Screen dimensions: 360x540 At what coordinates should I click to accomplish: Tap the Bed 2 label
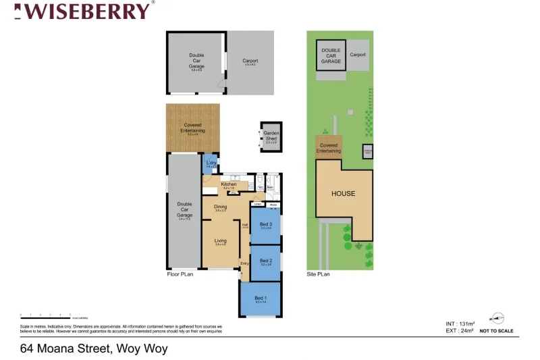(x=265, y=261)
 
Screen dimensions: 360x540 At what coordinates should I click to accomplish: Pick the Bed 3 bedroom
(x=265, y=226)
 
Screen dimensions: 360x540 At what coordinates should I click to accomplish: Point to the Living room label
(x=220, y=240)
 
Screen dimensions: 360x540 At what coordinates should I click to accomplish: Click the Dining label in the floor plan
(x=220, y=207)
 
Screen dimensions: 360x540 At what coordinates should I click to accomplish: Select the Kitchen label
(x=228, y=184)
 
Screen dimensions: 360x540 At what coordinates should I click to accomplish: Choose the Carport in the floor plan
(x=250, y=61)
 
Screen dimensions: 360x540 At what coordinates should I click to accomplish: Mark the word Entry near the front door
(x=244, y=263)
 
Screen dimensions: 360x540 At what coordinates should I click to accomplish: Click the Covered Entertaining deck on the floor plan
(x=192, y=128)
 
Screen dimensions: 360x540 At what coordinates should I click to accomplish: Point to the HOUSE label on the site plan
(x=343, y=194)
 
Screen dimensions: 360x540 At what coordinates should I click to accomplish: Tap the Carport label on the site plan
(x=358, y=55)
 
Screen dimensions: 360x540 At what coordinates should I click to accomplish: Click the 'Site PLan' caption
(x=318, y=275)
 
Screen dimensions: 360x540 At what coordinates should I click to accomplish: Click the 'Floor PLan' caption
(x=180, y=275)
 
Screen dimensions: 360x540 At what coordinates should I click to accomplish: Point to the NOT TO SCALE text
(x=496, y=331)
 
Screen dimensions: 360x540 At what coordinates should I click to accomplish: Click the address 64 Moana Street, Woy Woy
(x=94, y=349)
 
